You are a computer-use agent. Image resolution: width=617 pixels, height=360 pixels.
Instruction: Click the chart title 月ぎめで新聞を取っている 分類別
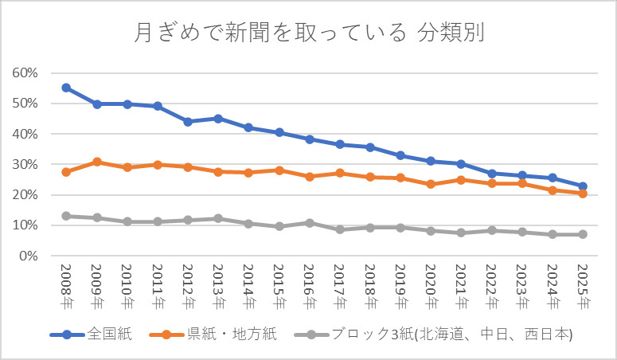(x=308, y=33)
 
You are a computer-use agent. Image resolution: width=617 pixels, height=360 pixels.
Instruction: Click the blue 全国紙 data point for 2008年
(x=66, y=88)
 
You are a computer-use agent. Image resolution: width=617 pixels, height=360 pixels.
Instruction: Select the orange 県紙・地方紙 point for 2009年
(x=96, y=162)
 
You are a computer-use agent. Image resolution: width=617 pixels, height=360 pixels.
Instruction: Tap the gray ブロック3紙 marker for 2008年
(x=66, y=216)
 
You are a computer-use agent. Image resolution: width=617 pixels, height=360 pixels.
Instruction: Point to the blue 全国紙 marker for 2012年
(x=188, y=122)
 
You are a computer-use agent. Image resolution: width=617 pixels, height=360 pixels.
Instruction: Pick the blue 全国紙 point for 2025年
(x=583, y=186)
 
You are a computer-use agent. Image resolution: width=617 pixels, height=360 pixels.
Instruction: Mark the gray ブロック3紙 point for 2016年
(x=310, y=223)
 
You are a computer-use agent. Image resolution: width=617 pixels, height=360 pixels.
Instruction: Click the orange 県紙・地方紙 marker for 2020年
(x=431, y=184)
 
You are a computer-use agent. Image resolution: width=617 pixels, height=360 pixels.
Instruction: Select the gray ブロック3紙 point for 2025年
(x=583, y=234)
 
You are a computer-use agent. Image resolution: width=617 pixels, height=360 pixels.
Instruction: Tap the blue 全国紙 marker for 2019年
(x=400, y=155)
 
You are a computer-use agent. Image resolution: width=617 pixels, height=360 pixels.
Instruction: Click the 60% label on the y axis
(x=25, y=72)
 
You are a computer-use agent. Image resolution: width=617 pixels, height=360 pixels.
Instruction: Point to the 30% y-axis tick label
(x=25, y=164)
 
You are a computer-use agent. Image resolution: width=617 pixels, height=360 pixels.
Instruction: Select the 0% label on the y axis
(x=28, y=256)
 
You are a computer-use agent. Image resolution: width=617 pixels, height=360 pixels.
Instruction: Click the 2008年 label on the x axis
(x=66, y=287)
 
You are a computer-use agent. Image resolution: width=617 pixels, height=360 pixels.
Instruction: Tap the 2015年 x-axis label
(x=279, y=287)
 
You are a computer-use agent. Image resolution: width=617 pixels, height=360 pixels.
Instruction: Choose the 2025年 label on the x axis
(x=583, y=287)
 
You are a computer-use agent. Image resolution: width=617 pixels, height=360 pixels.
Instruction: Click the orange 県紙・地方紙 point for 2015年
(x=279, y=170)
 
